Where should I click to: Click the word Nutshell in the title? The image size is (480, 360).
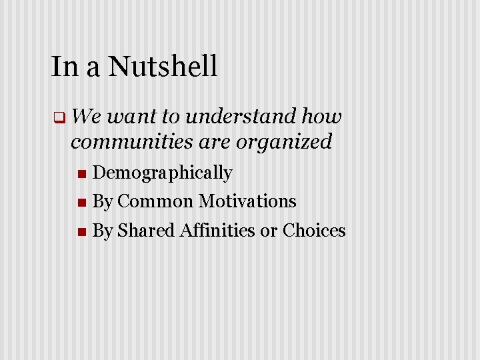pyautogui.click(x=163, y=67)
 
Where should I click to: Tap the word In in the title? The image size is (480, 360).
pyautogui.click(x=63, y=67)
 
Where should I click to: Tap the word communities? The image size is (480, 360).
pyautogui.click(x=133, y=141)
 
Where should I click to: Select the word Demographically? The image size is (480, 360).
pyautogui.click(x=162, y=173)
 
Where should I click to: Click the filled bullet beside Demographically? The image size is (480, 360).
pyautogui.click(x=81, y=175)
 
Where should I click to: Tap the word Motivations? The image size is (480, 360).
pyautogui.click(x=247, y=201)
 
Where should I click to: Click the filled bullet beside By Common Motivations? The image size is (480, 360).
pyautogui.click(x=81, y=203)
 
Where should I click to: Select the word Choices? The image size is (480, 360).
pyautogui.click(x=314, y=231)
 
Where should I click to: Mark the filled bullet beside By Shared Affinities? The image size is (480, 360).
pyautogui.click(x=81, y=232)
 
